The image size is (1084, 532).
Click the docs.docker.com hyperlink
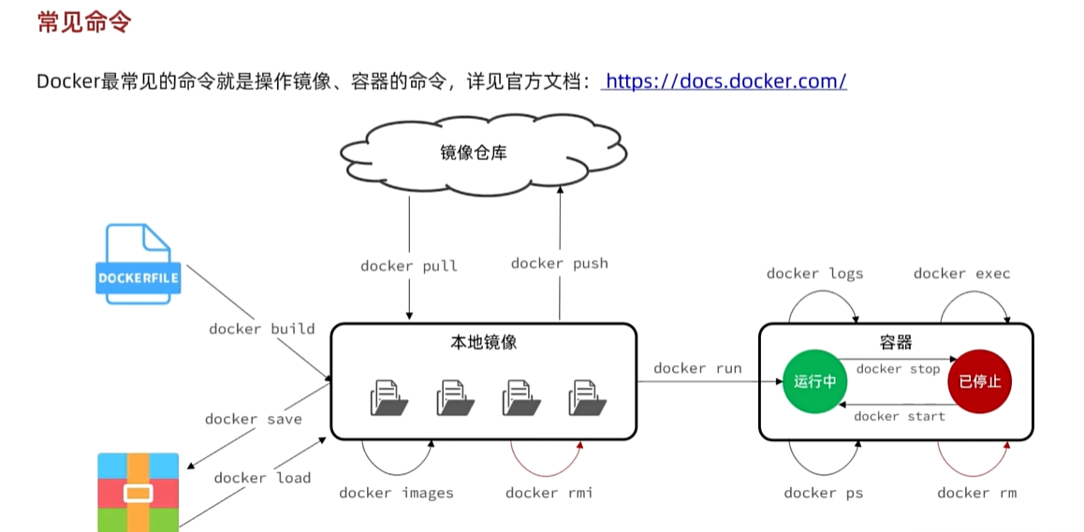(x=725, y=81)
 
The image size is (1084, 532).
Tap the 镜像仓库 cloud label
(x=474, y=153)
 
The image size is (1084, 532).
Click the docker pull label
(x=409, y=266)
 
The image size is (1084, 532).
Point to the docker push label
(x=559, y=263)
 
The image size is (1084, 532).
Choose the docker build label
(x=261, y=329)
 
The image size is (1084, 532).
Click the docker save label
(x=254, y=419)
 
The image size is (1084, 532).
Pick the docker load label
(x=262, y=478)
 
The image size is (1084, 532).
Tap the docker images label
(x=396, y=493)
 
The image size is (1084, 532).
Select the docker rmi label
(x=549, y=493)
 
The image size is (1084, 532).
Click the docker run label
(x=697, y=368)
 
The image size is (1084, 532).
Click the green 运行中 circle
(x=813, y=381)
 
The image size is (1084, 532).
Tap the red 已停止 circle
(x=979, y=381)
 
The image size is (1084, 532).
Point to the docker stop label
(x=898, y=369)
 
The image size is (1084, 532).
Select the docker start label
(x=900, y=416)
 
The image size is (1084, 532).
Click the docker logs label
(x=814, y=273)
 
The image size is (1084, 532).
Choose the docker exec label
(x=961, y=273)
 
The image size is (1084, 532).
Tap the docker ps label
(x=824, y=493)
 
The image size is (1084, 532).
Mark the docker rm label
(x=976, y=493)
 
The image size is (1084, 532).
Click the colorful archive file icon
(x=139, y=492)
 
